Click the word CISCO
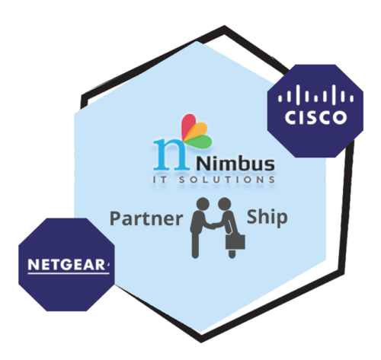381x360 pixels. pyautogui.click(x=315, y=117)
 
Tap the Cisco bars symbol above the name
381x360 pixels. pyautogui.click(x=315, y=95)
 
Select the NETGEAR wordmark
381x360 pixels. pyautogui.click(x=66, y=265)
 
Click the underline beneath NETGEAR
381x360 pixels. pyautogui.click(x=69, y=273)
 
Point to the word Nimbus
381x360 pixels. pyautogui.click(x=235, y=164)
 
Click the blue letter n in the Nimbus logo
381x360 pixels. pyautogui.click(x=171, y=154)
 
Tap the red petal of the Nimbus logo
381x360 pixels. pyautogui.click(x=188, y=126)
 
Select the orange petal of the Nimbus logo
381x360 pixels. pyautogui.click(x=197, y=131)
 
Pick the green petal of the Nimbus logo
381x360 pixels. pyautogui.click(x=200, y=142)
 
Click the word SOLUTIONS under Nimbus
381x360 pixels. pyautogui.click(x=227, y=180)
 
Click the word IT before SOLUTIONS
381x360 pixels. pyautogui.click(x=160, y=180)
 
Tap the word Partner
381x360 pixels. pyautogui.click(x=146, y=218)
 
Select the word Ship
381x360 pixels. pyautogui.click(x=267, y=218)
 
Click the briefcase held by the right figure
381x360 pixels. pyautogui.click(x=235, y=242)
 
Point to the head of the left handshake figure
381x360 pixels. pyautogui.click(x=203, y=204)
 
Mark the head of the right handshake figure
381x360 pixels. pyautogui.click(x=225, y=204)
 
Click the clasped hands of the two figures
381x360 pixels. pyautogui.click(x=213, y=225)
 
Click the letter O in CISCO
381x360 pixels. pyautogui.click(x=340, y=117)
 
